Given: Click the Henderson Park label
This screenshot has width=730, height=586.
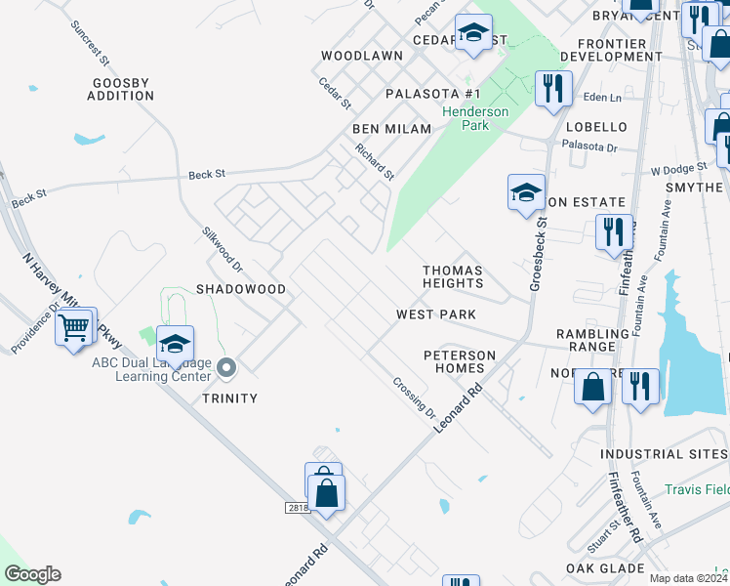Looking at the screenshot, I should click(x=475, y=118).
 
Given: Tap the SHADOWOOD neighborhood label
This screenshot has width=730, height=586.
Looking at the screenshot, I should click(x=241, y=290).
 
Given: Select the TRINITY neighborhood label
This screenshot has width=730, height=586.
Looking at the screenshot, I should click(x=229, y=398).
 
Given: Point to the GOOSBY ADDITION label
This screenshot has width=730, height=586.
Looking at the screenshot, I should click(x=120, y=90).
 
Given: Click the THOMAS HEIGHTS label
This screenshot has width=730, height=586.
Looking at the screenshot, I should click(x=453, y=276).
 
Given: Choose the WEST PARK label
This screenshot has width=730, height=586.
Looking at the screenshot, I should click(x=436, y=314).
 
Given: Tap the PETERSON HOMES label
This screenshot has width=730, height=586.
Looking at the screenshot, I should click(x=454, y=361).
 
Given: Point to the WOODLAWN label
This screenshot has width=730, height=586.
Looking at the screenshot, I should click(x=362, y=57).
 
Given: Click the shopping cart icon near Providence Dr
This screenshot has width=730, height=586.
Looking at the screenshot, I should click(x=74, y=329).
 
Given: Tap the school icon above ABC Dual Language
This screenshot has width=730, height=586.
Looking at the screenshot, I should click(x=175, y=345).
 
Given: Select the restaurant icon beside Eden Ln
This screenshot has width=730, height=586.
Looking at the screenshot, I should click(x=552, y=89).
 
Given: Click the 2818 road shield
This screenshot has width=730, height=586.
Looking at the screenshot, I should click(x=298, y=507).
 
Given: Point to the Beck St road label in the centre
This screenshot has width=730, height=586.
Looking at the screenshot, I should click(x=206, y=174).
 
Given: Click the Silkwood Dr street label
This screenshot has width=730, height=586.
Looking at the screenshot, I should click(x=222, y=250).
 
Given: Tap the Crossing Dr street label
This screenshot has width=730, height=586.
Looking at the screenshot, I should click(x=414, y=397).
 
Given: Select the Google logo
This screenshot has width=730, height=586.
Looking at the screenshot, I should click(x=32, y=574).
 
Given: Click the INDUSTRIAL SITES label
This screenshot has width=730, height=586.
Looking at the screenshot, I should click(x=664, y=454).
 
